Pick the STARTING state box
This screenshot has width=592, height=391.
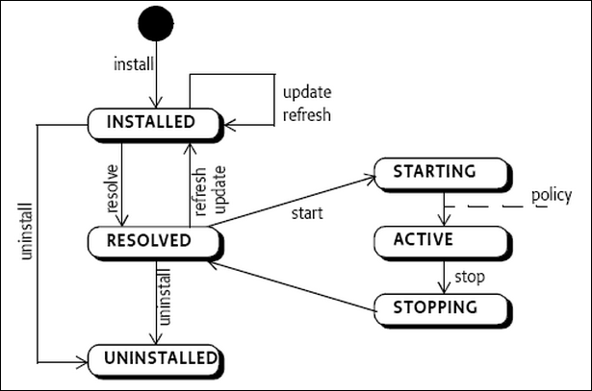click(x=436, y=173)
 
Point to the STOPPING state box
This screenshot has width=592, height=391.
click(x=436, y=307)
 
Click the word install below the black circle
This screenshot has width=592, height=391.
click(x=132, y=65)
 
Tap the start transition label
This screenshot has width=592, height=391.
click(x=307, y=211)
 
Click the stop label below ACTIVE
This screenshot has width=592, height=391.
click(x=469, y=277)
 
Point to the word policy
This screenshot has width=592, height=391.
click(x=551, y=195)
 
